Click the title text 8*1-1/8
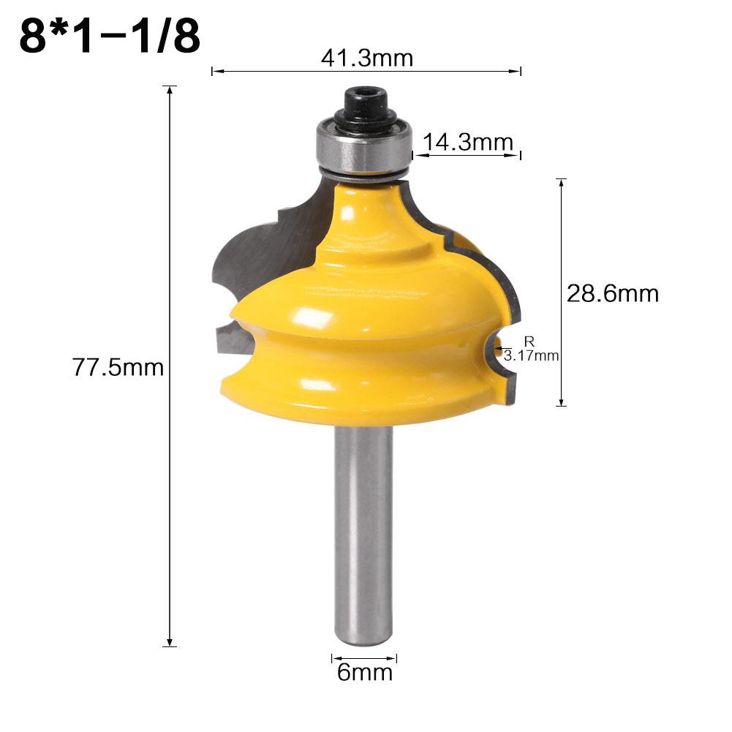point(110,36)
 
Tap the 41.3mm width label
point(366,58)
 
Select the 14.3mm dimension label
point(469,142)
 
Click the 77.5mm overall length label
point(118,366)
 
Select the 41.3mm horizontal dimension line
point(293,71)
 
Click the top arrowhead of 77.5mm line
point(170,90)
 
